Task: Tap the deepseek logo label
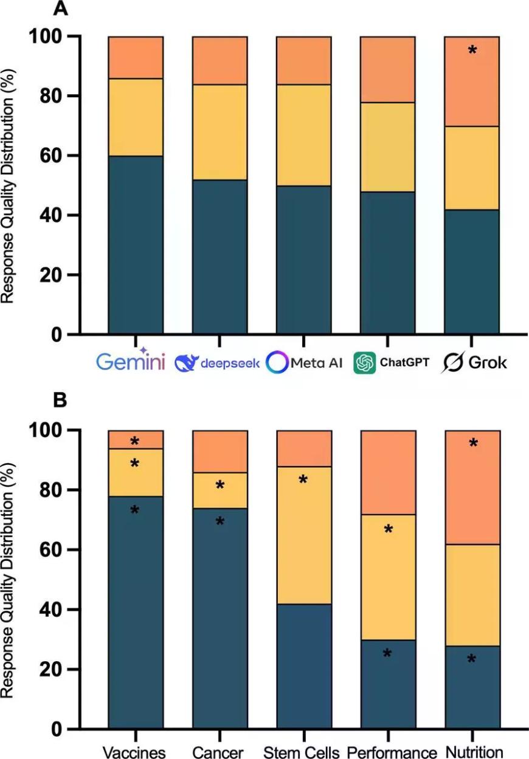(x=218, y=363)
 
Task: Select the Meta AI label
(x=305, y=363)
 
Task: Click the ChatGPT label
(x=392, y=363)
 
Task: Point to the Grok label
(x=474, y=363)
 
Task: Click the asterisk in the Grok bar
(x=472, y=50)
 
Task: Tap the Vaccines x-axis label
(x=134, y=751)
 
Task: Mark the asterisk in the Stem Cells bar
(x=303, y=481)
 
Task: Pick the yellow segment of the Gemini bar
(x=136, y=117)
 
